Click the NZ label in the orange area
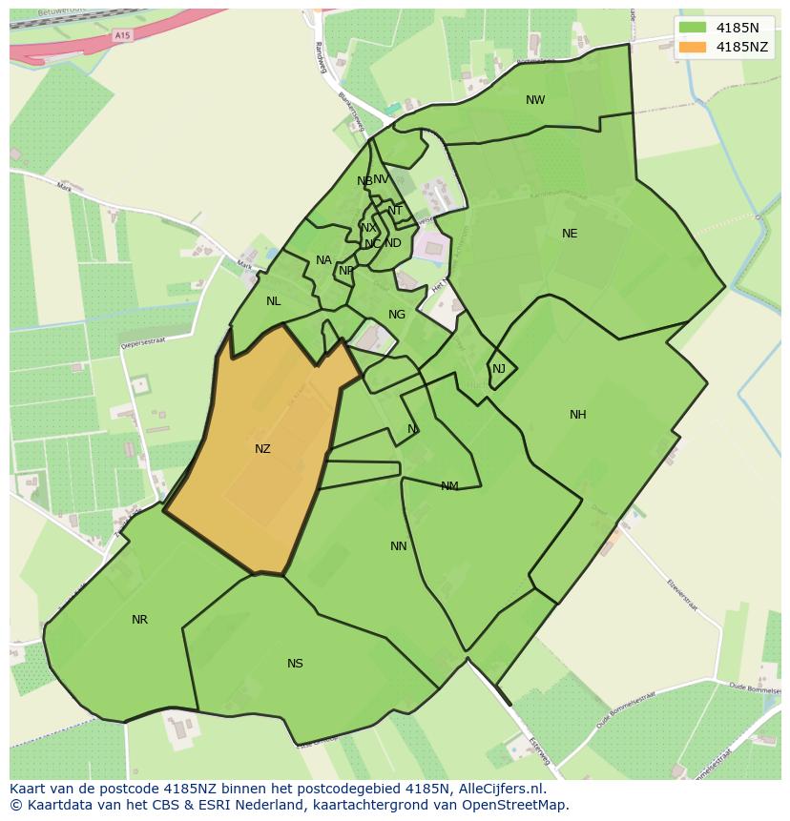[262, 449]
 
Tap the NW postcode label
[535, 100]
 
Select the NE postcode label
[570, 234]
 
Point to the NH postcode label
[578, 415]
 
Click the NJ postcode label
[499, 369]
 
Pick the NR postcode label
[140, 620]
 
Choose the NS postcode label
[295, 664]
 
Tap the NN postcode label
[399, 546]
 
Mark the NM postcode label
[449, 486]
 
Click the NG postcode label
[397, 315]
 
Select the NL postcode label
[274, 301]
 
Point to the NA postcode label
[323, 260]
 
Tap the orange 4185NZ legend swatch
[693, 47]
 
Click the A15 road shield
[121, 35]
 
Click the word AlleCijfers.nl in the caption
[496, 789]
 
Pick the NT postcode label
[395, 211]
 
